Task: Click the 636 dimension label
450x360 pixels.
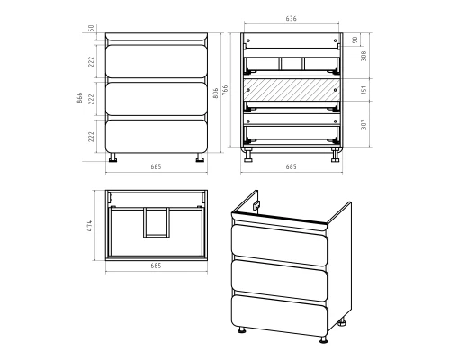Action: tap(291, 19)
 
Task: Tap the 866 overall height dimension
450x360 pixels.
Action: tap(80, 98)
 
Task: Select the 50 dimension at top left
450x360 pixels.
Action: tap(91, 28)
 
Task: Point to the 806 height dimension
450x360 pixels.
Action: tap(215, 93)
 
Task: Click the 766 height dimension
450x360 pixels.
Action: tap(225, 91)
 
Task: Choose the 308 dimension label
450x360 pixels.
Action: tap(364, 56)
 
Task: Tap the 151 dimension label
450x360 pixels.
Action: tap(364, 90)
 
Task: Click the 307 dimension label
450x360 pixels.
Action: tap(364, 124)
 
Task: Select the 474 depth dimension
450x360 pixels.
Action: tap(90, 226)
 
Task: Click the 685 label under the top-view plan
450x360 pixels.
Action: tap(156, 265)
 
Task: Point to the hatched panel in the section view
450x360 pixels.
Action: tap(292, 90)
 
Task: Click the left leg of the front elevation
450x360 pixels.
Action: tap(112, 157)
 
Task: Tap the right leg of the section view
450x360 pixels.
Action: tap(335, 155)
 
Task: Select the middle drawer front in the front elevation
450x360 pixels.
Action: tap(157, 99)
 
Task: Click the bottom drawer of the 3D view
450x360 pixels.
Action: tap(279, 315)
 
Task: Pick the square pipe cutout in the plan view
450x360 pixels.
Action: tap(156, 222)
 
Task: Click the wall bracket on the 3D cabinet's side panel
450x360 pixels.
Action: tap(256, 205)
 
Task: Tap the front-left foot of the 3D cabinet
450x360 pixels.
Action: tap(241, 330)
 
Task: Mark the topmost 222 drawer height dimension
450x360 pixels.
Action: tap(91, 61)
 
